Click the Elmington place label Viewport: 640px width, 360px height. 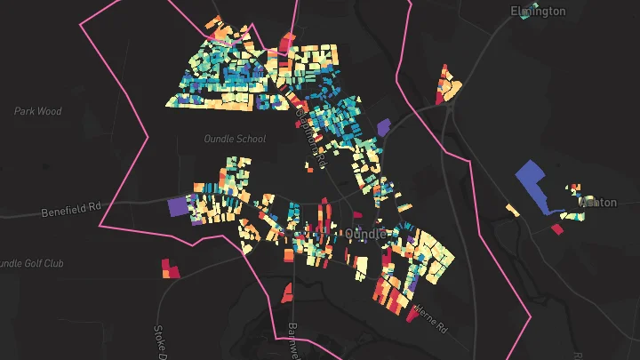click(x=538, y=11)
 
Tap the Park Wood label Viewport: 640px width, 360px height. click(x=38, y=111)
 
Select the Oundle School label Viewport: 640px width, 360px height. click(x=235, y=139)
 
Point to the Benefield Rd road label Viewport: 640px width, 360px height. click(x=72, y=212)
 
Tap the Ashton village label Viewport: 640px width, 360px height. click(x=598, y=203)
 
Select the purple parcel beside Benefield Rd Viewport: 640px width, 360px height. click(x=178, y=205)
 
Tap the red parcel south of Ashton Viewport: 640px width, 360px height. click(x=556, y=229)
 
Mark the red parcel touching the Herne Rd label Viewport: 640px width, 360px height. click(x=412, y=312)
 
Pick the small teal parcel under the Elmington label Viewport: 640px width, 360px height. click(x=525, y=19)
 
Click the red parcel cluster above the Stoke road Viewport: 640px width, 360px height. click(x=169, y=268)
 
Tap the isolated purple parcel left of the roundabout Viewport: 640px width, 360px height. click(x=383, y=128)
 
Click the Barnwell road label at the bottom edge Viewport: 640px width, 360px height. click(x=292, y=342)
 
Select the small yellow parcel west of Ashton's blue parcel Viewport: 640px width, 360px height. click(x=513, y=211)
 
